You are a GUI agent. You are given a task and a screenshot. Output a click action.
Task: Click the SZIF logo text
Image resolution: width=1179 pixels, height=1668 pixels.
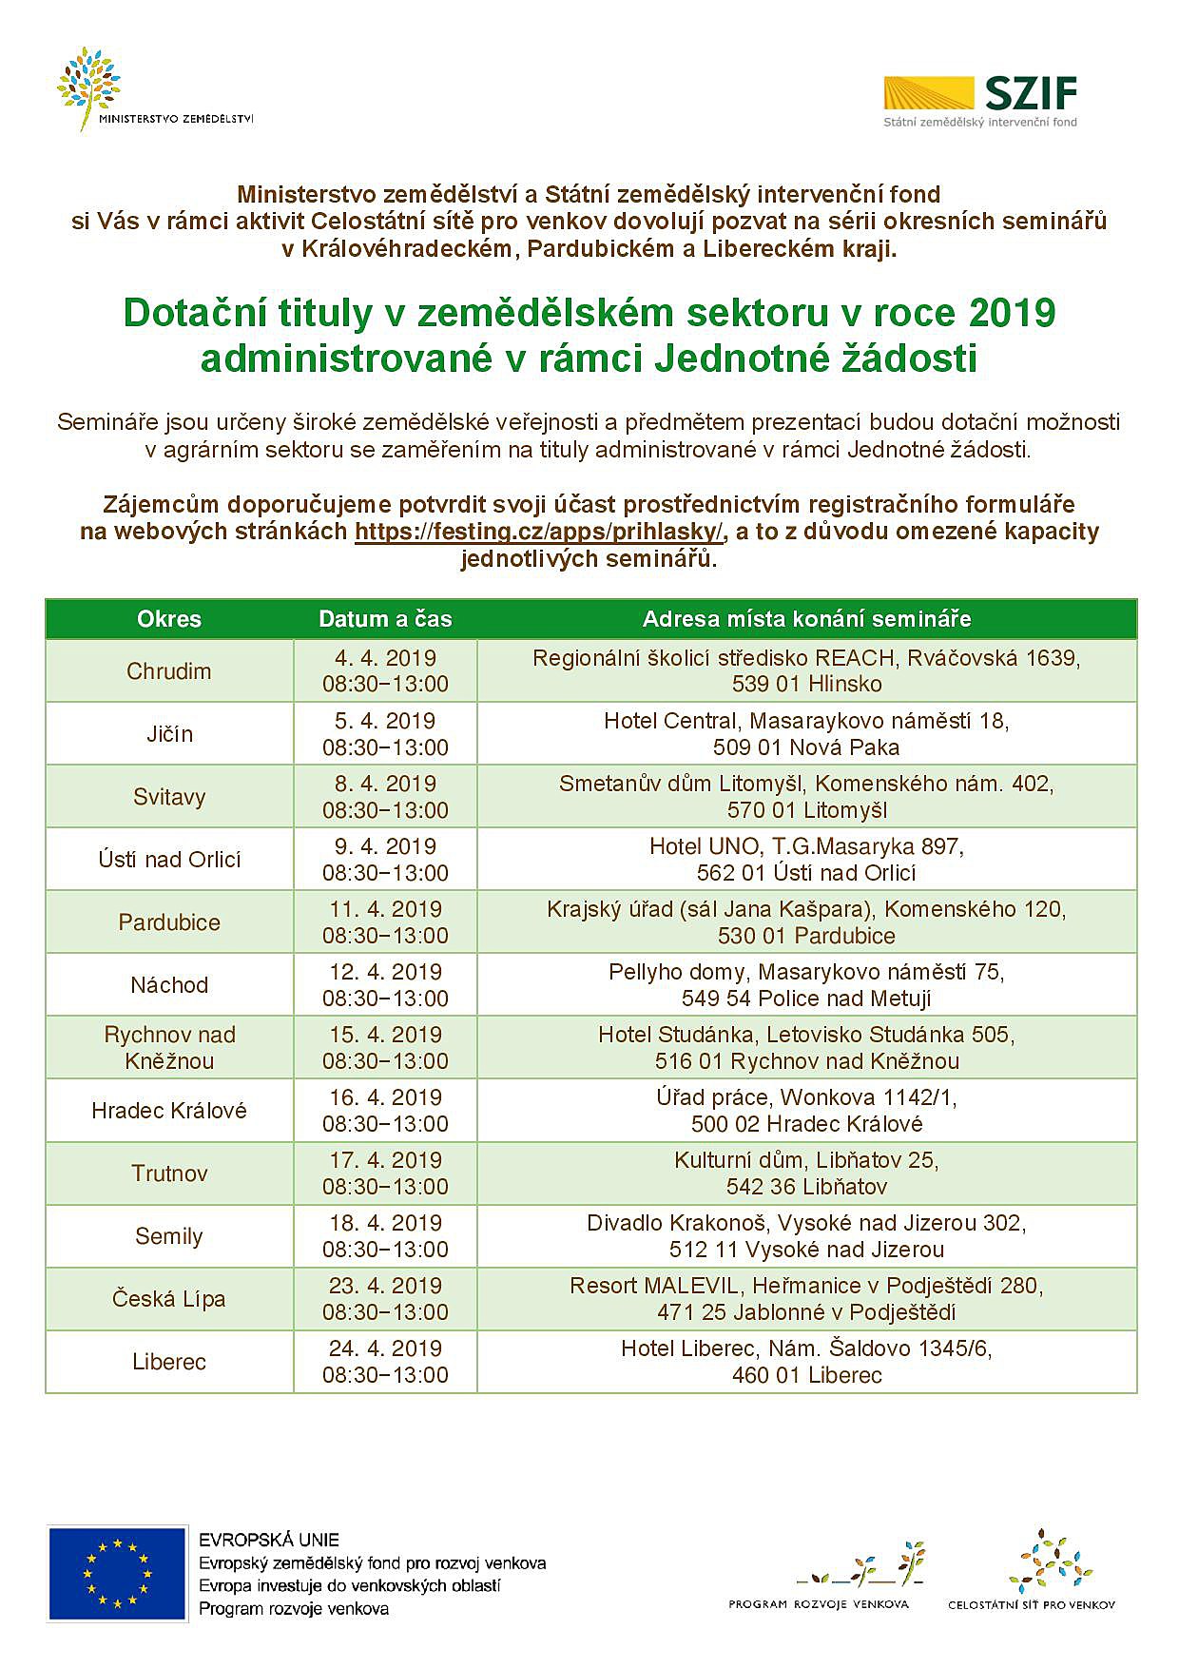(x=1031, y=94)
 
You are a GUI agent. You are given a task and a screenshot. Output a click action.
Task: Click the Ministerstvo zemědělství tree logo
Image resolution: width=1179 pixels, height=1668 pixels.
(x=90, y=86)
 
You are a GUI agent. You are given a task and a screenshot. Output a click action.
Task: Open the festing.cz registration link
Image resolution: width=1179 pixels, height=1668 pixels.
(x=538, y=532)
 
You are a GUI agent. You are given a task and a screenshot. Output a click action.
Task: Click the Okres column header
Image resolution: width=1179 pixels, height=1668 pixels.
(x=169, y=619)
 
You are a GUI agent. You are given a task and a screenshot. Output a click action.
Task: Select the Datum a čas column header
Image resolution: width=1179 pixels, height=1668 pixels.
(x=385, y=619)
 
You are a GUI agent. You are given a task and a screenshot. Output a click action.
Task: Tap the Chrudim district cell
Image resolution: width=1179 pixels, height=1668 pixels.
(x=169, y=671)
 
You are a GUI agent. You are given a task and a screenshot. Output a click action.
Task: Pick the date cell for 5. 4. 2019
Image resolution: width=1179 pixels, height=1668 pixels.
(x=385, y=734)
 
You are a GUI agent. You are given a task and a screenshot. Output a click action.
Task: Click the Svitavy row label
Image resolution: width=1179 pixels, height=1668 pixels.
(x=169, y=797)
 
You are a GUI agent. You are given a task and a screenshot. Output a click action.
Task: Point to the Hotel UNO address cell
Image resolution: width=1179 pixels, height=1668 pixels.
(x=806, y=860)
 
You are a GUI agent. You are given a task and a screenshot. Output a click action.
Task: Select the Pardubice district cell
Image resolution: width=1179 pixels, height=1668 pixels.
(x=169, y=922)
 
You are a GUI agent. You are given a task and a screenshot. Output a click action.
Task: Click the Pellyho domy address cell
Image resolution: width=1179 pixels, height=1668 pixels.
(x=806, y=985)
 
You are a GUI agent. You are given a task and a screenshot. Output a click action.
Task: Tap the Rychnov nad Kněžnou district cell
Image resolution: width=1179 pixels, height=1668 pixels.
(x=169, y=1048)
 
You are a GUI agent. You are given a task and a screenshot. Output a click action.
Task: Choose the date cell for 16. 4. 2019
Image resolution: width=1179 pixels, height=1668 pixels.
(x=385, y=1111)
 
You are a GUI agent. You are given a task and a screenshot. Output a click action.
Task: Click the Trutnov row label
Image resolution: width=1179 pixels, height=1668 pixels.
(x=169, y=1173)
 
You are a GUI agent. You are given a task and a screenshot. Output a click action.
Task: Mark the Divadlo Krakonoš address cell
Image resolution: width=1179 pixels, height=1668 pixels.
(x=806, y=1236)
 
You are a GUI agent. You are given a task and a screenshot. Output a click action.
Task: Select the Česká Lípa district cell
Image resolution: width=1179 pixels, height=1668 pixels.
(x=169, y=1299)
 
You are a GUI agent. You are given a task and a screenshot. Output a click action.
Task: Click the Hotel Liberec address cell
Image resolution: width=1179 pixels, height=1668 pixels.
(x=806, y=1362)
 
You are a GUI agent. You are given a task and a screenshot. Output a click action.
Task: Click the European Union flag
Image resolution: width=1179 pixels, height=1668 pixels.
(x=117, y=1574)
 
